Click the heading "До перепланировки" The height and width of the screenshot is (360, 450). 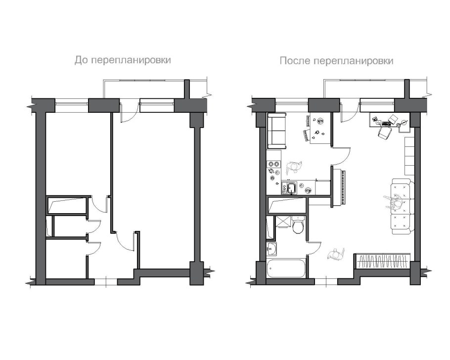pyautogui.click(x=122, y=60)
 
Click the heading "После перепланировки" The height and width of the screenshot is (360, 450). pyautogui.click(x=336, y=61)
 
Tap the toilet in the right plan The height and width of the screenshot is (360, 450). pyautogui.click(x=298, y=226)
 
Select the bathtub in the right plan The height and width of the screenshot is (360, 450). pyautogui.click(x=286, y=270)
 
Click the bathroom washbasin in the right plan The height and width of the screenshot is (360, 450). pyautogui.click(x=272, y=248)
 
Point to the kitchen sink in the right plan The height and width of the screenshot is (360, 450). pyautogui.click(x=291, y=187)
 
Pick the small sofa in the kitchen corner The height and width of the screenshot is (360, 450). pyautogui.click(x=277, y=130)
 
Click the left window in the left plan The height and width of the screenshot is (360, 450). pyautogui.click(x=72, y=103)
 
